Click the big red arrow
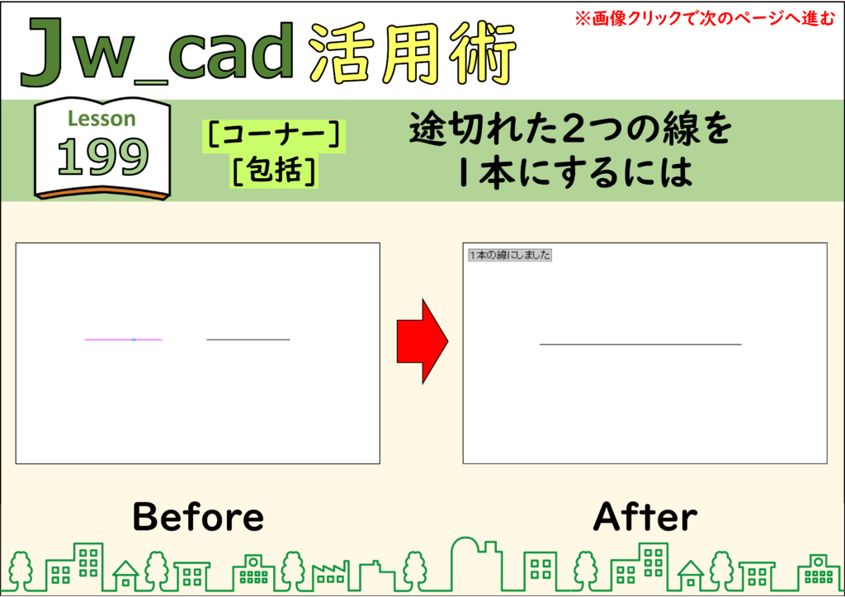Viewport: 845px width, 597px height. (422, 341)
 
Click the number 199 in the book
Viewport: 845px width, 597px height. (103, 157)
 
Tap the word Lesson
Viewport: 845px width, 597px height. (101, 119)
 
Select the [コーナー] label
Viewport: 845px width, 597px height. (274, 135)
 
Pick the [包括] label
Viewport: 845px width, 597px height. (274, 172)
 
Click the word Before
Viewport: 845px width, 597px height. (198, 517)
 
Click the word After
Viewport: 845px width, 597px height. (645, 517)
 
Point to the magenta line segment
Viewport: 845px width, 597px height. (124, 340)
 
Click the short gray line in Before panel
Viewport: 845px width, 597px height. (248, 340)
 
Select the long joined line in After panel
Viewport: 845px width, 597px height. (640, 344)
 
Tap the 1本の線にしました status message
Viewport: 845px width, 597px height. (510, 255)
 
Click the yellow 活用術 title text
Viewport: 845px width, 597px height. (413, 54)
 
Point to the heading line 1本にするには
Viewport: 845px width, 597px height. (575, 173)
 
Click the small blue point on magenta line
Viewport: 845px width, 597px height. (135, 340)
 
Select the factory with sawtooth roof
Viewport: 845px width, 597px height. (330, 576)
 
